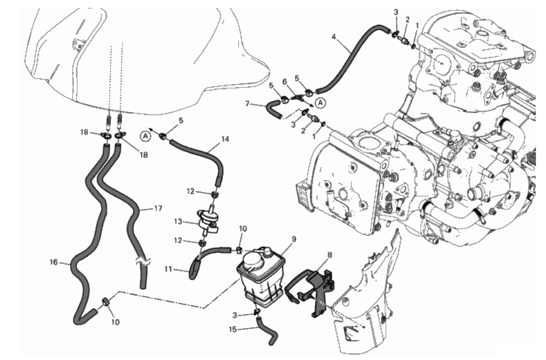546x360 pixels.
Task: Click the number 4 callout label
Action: click(334, 37)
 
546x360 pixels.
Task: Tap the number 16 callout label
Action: click(54, 262)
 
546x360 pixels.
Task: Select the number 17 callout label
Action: click(158, 208)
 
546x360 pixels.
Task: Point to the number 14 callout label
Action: click(225, 139)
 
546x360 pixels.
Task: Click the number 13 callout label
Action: click(178, 222)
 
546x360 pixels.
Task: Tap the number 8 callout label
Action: click(330, 255)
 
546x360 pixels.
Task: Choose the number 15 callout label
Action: click(233, 329)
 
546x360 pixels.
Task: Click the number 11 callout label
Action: click(168, 269)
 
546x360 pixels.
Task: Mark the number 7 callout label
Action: click(247, 104)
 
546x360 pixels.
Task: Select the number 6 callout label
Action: click(284, 82)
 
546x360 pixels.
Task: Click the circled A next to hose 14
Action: click(145, 137)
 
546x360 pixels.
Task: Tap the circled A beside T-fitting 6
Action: click(321, 103)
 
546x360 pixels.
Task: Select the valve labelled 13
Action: click(208, 220)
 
